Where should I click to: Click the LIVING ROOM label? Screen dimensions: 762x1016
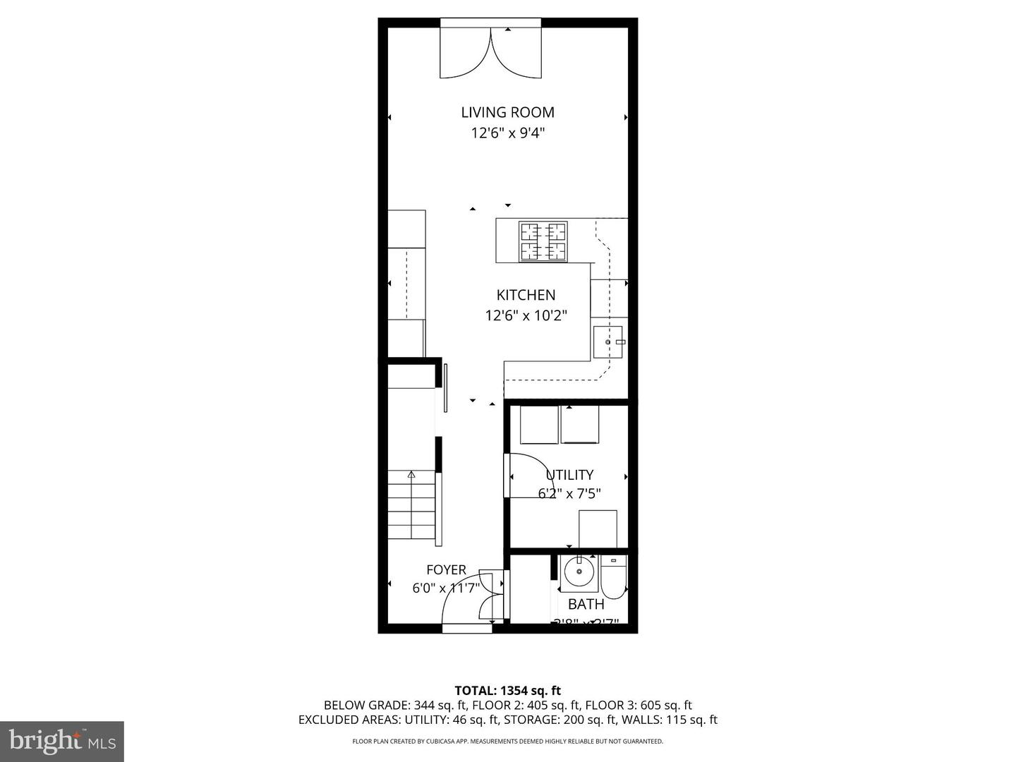pos(507,112)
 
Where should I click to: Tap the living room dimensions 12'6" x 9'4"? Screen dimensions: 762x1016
pos(507,133)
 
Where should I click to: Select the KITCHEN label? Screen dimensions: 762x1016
pos(526,295)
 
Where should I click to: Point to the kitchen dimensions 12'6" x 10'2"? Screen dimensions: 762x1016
pos(526,315)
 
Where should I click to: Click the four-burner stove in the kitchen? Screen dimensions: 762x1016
pos(543,241)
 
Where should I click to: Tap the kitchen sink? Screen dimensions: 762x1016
pos(608,342)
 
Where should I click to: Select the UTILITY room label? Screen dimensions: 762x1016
pos(570,475)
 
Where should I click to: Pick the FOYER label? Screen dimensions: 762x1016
pos(446,570)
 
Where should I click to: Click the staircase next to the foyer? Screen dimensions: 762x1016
pos(411,506)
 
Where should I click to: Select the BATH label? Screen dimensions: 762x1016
pos(586,605)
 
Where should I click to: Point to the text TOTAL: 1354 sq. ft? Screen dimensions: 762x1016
pos(507,691)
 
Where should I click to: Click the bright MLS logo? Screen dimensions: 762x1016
pos(62,741)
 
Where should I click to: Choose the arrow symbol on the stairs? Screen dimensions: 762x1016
pos(411,475)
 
